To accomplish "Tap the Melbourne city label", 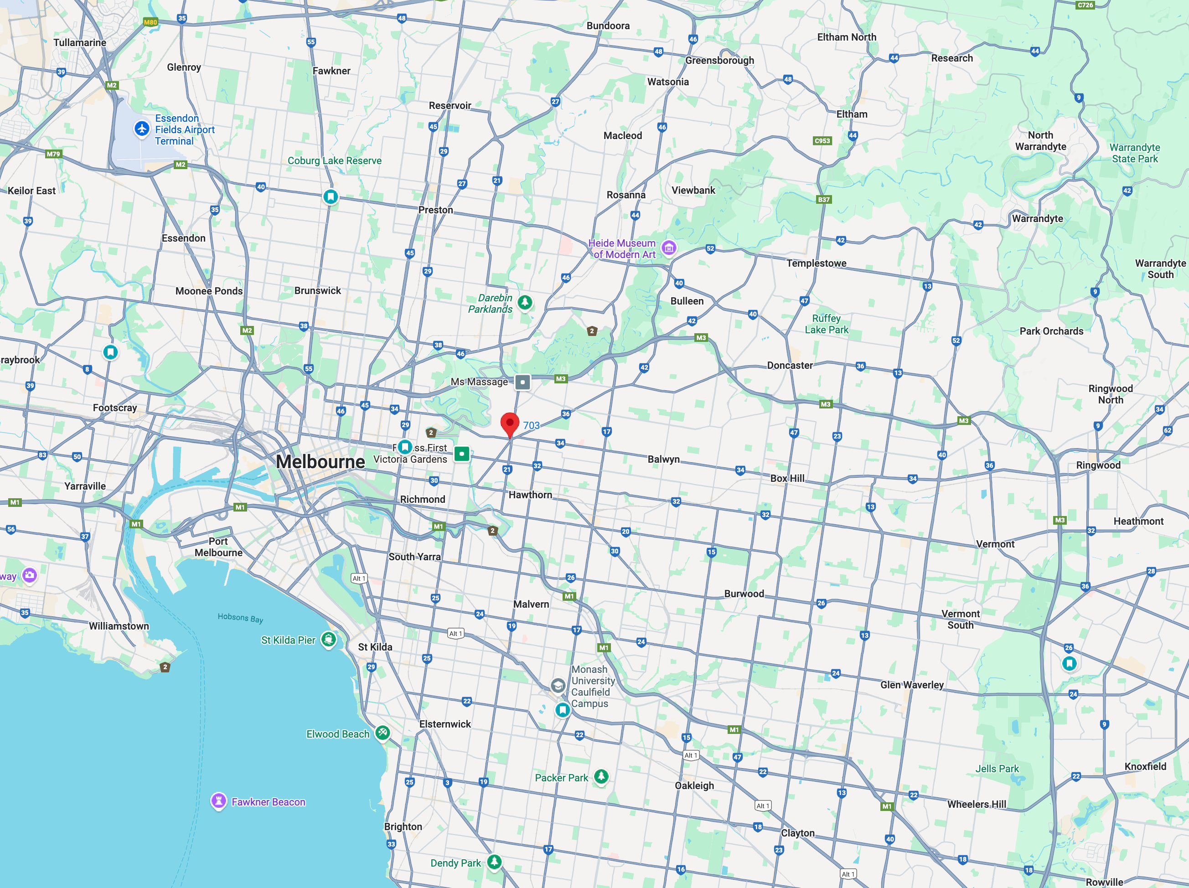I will (x=321, y=462).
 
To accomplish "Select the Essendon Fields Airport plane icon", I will (x=142, y=129).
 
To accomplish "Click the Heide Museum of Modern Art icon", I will (x=669, y=248).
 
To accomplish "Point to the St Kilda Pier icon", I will (x=328, y=640).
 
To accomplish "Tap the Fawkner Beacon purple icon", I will (x=218, y=801).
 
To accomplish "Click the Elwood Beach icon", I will (x=382, y=733).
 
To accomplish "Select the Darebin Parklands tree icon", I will (x=525, y=303).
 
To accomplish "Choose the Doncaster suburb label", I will (x=789, y=366).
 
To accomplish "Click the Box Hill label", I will (x=787, y=478).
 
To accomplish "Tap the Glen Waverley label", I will (x=912, y=685).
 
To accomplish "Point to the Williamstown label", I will (x=119, y=626).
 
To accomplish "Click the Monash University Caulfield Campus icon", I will (x=558, y=685).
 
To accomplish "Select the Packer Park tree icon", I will (x=601, y=777).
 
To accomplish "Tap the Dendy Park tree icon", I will (x=494, y=862).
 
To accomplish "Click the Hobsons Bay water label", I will (x=240, y=618).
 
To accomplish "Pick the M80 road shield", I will (x=150, y=22).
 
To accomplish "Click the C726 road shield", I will (x=1085, y=5).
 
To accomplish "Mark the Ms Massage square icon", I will (x=522, y=382).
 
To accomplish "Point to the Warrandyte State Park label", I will (x=1135, y=153).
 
